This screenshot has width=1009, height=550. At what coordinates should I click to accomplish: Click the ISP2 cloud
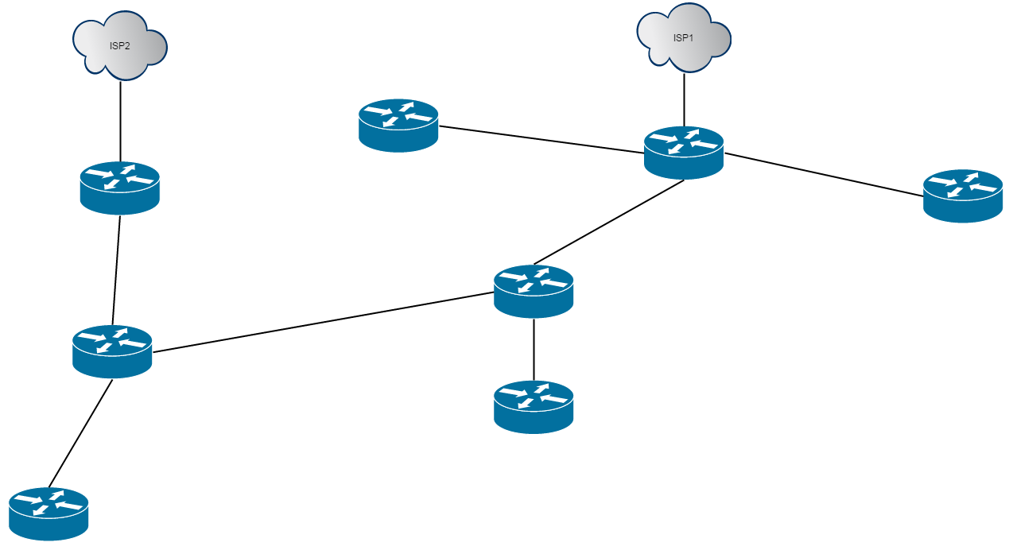pyautogui.click(x=119, y=48)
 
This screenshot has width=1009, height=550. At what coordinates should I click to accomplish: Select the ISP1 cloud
pyautogui.click(x=684, y=40)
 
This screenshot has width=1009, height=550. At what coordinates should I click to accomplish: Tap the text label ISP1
pyautogui.click(x=683, y=38)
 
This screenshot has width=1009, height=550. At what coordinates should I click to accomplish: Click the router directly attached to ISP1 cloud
pyautogui.click(x=684, y=152)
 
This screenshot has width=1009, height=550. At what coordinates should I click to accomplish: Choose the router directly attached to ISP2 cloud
pyautogui.click(x=120, y=188)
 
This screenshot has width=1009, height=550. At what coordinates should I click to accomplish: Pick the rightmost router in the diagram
pyautogui.click(x=962, y=196)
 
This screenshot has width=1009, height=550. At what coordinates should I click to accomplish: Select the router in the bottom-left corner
pyautogui.click(x=49, y=513)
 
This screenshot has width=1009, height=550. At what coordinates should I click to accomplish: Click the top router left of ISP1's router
pyautogui.click(x=398, y=125)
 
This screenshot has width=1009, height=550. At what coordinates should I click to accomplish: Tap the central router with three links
pyautogui.click(x=534, y=291)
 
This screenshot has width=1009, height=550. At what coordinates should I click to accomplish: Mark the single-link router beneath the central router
pyautogui.click(x=534, y=407)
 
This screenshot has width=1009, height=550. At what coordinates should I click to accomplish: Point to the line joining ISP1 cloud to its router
pyautogui.click(x=684, y=97)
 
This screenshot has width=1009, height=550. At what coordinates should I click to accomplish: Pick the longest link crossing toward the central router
pyautogui.click(x=322, y=322)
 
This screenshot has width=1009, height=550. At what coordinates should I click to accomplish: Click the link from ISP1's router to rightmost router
pyautogui.click(x=823, y=174)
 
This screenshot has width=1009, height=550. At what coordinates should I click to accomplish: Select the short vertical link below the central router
pyautogui.click(x=534, y=350)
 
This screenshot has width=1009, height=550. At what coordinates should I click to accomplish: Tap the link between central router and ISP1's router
pyautogui.click(x=608, y=223)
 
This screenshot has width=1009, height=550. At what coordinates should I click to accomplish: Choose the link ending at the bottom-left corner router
pyautogui.click(x=80, y=433)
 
